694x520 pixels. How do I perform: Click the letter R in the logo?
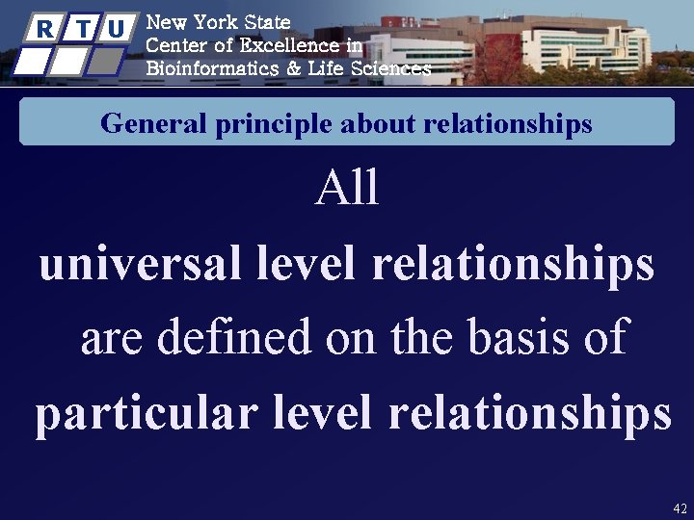[x=42, y=29]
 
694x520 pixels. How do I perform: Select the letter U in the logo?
[x=117, y=29]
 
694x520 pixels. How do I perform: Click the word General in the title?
[x=141, y=124]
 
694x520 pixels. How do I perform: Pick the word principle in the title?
[x=245, y=124]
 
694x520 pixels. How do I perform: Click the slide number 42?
[x=680, y=507]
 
